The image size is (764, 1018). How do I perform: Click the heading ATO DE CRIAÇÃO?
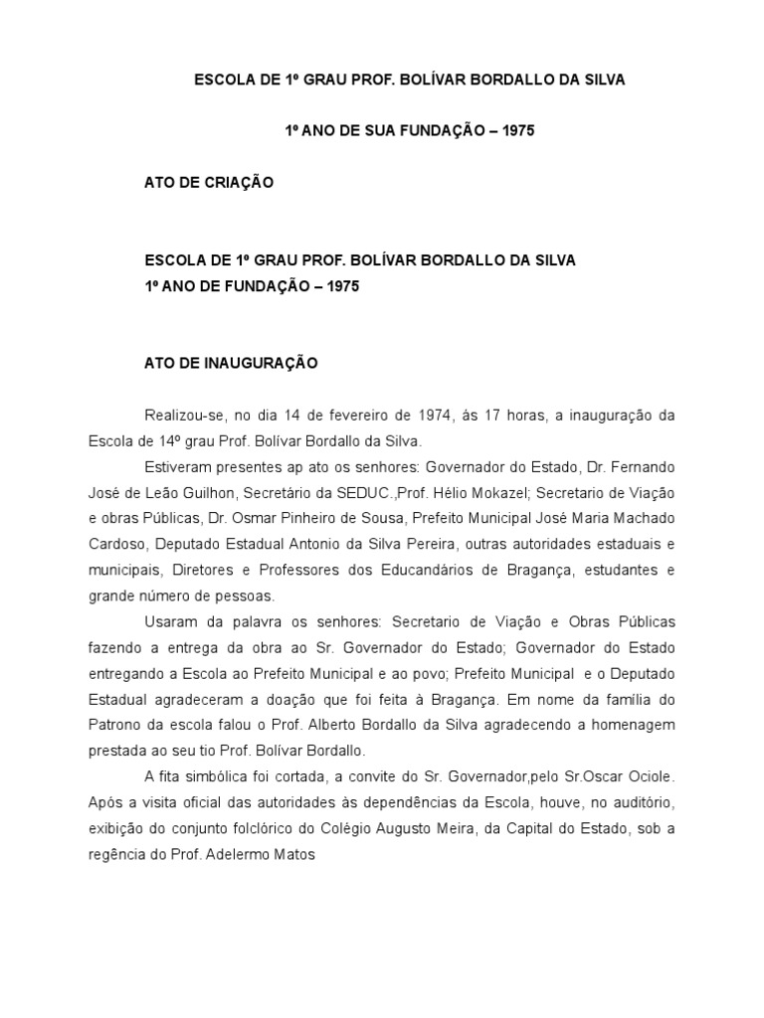pos(209,183)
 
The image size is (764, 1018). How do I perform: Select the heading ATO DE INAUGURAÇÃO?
pos(231,364)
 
